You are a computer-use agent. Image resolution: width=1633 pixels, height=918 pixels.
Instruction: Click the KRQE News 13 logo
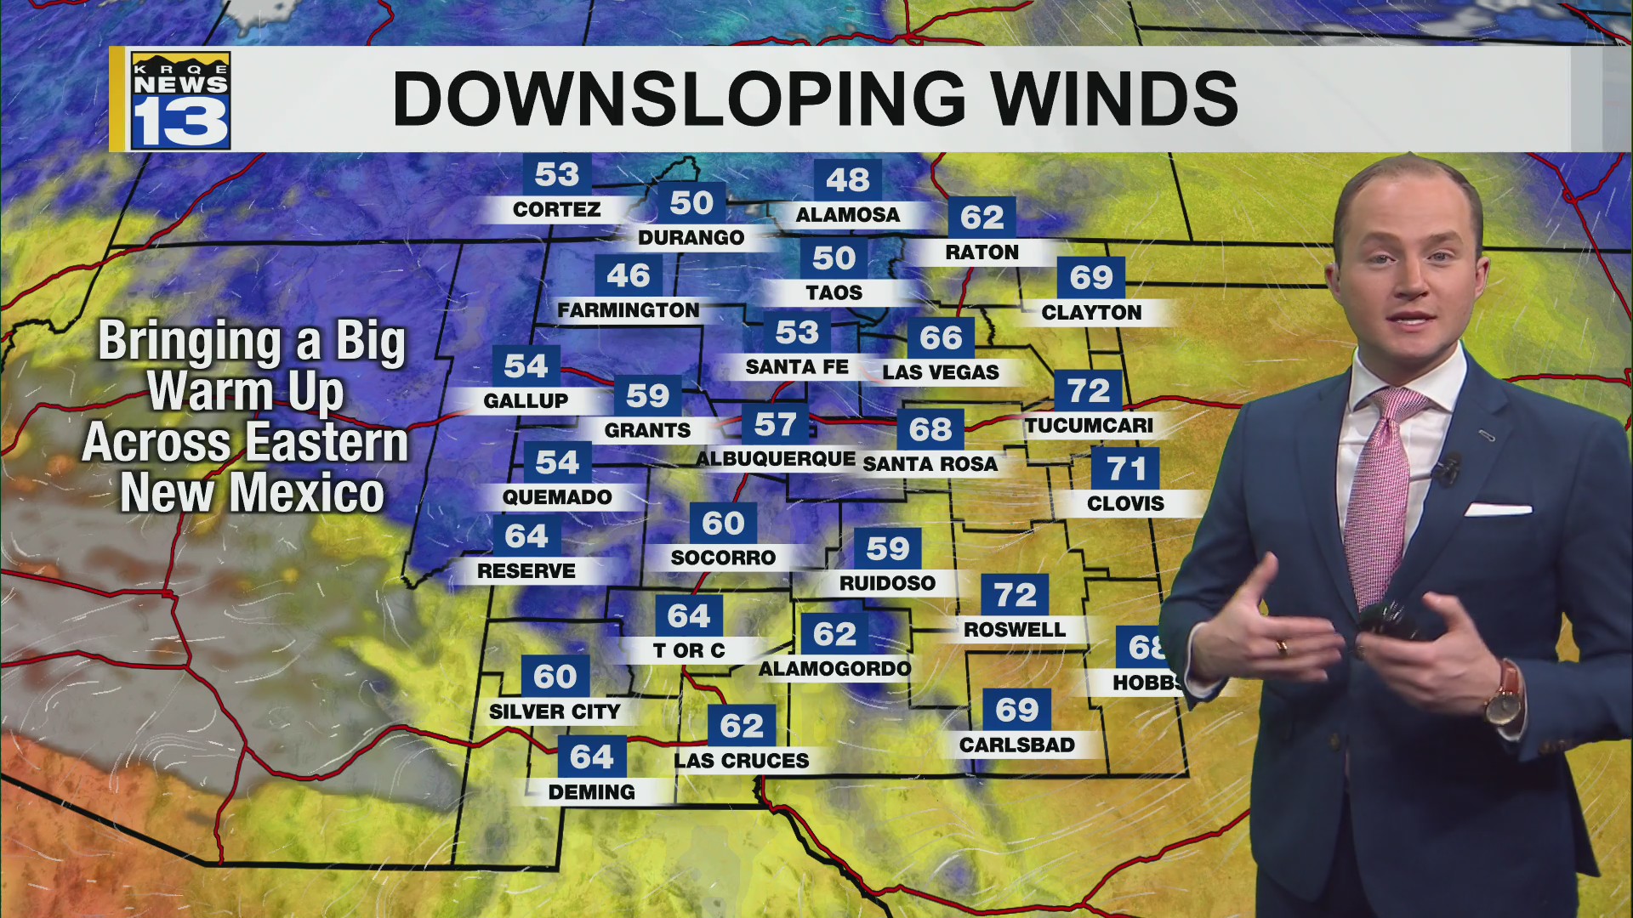click(x=180, y=100)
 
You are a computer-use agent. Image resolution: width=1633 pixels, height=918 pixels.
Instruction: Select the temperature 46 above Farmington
click(x=629, y=275)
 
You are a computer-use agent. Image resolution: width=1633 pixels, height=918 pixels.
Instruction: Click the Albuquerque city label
click(x=776, y=459)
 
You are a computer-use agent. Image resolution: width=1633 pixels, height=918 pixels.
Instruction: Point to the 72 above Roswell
click(x=1015, y=595)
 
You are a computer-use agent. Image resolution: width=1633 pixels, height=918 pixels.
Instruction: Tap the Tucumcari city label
click(x=1089, y=425)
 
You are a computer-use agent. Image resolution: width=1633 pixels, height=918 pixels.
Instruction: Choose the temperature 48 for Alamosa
click(x=847, y=179)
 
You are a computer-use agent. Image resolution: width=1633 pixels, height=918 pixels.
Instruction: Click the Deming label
click(x=592, y=792)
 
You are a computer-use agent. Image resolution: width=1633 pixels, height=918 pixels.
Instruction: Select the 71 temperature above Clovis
click(x=1126, y=468)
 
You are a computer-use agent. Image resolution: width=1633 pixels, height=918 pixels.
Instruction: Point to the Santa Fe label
click(x=797, y=367)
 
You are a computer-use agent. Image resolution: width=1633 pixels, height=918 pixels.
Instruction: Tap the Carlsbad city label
click(x=1017, y=745)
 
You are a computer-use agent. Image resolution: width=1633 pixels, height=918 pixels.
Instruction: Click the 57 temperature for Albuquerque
click(x=775, y=424)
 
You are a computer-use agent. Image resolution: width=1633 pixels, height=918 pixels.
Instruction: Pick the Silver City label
click(x=555, y=711)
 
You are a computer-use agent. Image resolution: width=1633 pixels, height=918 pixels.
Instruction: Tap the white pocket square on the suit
click(x=1498, y=509)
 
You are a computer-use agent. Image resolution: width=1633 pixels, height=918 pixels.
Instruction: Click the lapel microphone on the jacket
click(x=1445, y=467)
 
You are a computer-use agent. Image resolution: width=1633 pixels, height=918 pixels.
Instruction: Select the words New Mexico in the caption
click(x=253, y=493)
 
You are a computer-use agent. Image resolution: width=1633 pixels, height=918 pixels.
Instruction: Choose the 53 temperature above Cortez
click(x=556, y=174)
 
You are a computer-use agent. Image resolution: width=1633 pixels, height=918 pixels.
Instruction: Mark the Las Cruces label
click(x=742, y=761)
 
